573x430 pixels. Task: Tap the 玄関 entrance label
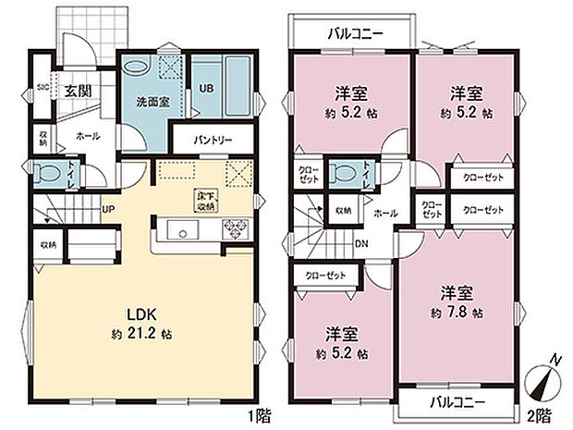click(x=78, y=92)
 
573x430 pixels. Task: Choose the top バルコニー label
click(x=351, y=34)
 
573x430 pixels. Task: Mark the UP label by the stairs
click(x=107, y=209)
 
